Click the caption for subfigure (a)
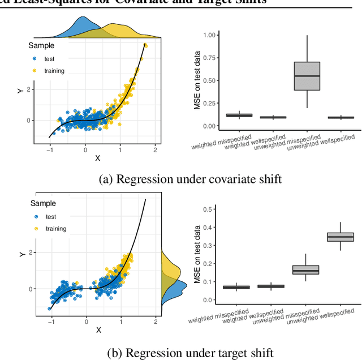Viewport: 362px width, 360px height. click(190, 179)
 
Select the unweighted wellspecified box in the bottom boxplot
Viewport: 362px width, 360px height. click(341, 237)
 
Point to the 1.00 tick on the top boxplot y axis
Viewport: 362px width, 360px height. click(209, 35)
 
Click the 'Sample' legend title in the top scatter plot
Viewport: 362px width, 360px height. click(43, 45)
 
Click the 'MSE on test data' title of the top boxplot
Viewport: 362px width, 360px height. click(197, 80)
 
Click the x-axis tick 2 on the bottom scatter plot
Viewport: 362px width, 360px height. click(154, 321)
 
